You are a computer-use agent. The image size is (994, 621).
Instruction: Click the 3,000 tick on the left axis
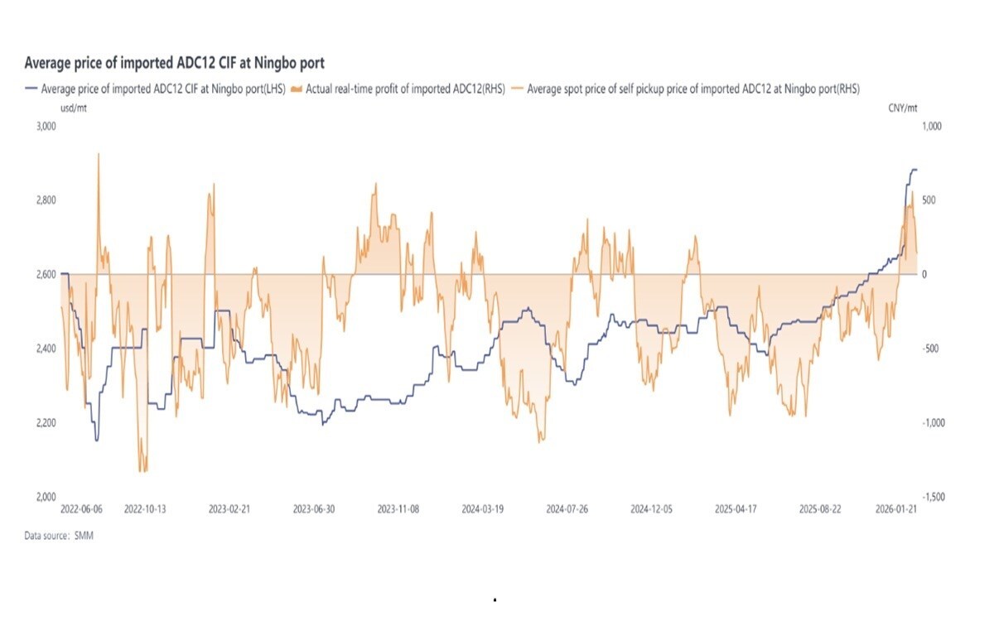coord(44,127)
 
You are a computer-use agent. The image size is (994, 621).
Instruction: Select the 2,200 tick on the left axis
coord(44,423)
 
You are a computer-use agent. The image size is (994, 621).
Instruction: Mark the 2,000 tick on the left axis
coord(44,497)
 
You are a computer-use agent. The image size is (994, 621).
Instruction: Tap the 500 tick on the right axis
coord(929,200)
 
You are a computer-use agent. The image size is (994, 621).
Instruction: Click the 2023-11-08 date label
coord(398,510)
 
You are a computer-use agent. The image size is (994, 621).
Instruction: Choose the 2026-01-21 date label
coord(898,510)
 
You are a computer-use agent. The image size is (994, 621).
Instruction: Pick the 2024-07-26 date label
coord(567,510)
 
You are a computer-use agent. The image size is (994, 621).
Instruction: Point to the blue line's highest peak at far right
coord(914,170)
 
